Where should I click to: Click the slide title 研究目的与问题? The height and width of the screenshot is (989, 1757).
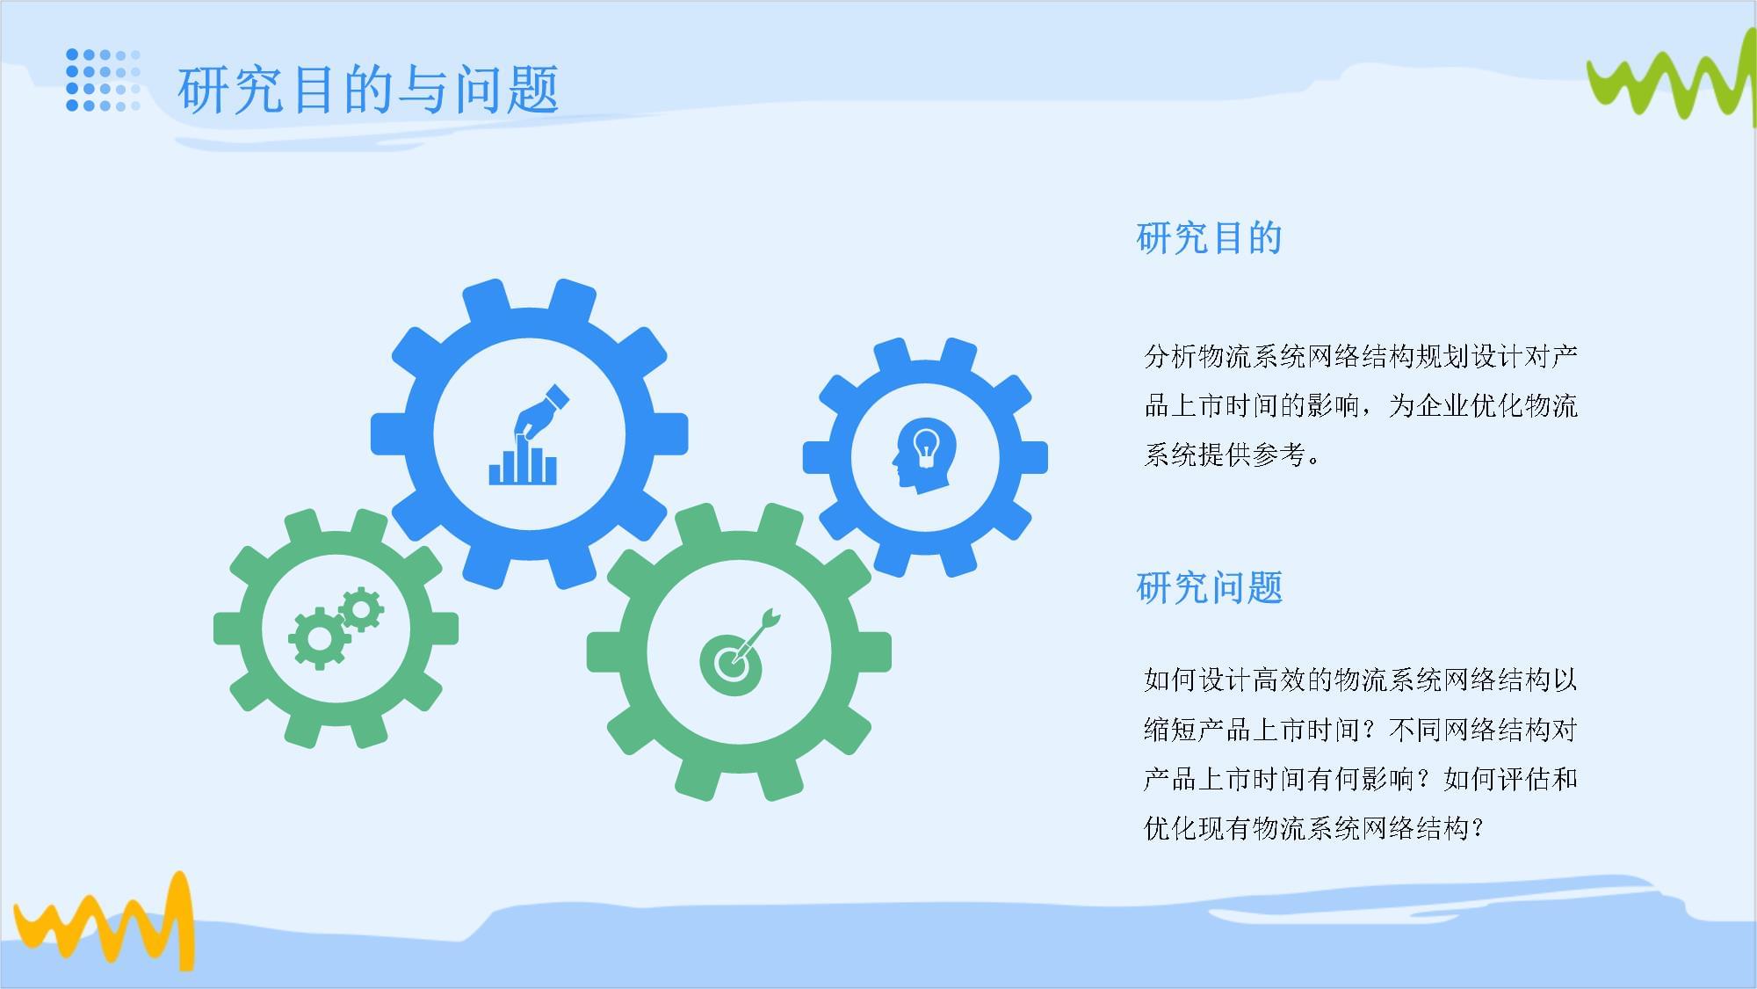point(368,90)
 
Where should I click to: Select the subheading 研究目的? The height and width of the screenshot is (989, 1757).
point(1210,238)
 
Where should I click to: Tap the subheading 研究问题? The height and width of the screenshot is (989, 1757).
point(1210,587)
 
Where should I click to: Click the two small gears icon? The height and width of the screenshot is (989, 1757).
point(336,626)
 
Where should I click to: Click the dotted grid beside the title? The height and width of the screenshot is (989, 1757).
point(104,80)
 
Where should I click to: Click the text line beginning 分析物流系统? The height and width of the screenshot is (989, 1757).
point(1361,356)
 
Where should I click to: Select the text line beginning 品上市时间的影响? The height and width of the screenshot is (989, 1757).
point(1361,405)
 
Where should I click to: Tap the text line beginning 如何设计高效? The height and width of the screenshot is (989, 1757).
point(1361,680)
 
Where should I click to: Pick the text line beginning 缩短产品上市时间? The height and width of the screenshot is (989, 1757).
point(1361,729)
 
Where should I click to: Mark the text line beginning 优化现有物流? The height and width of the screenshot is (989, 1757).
point(1314,827)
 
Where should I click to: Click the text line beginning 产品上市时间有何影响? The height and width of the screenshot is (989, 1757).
point(1361,778)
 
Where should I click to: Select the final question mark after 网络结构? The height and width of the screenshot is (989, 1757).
point(1477,828)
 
